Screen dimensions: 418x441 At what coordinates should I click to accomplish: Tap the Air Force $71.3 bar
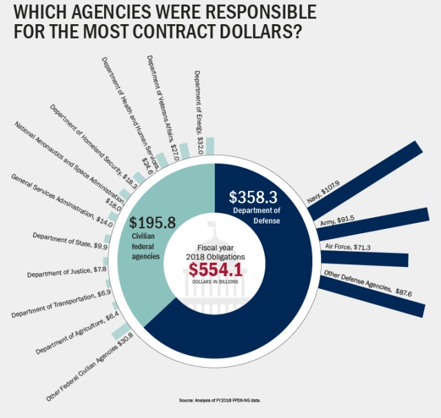point(365,259)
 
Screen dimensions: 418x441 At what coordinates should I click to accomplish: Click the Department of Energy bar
point(209,146)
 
